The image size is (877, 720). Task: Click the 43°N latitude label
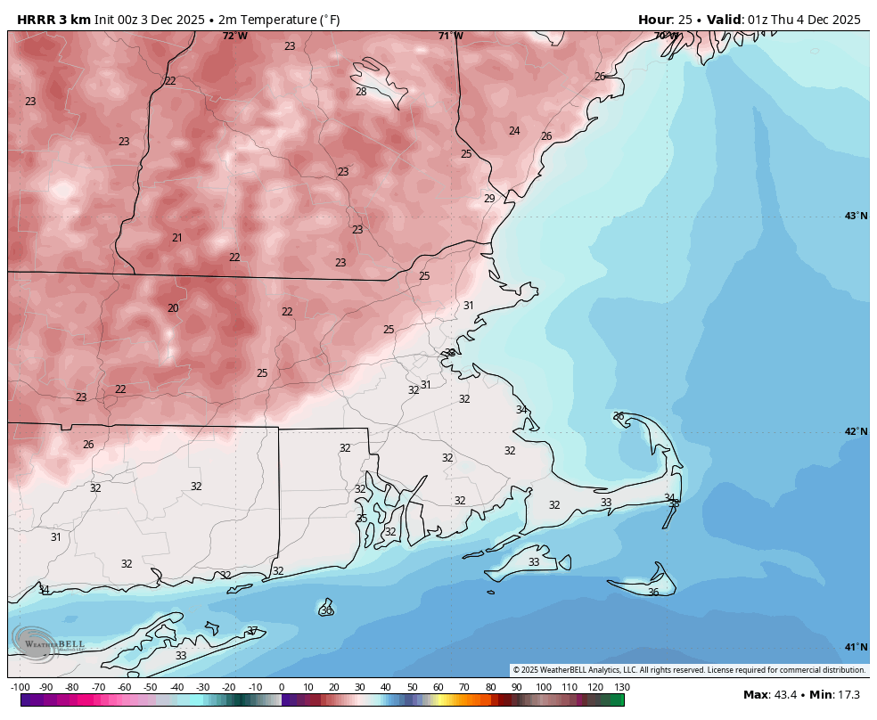856,216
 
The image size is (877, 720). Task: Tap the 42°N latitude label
856,431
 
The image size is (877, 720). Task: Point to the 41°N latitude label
856,647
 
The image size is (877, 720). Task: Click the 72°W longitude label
234,36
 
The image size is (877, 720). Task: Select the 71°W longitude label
450,36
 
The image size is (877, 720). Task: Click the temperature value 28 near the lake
361,92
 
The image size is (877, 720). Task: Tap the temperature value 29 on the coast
489,199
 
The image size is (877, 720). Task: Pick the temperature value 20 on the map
173,308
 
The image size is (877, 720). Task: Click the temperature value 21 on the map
177,238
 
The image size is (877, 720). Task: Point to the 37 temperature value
252,631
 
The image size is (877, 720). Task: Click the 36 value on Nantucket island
653,593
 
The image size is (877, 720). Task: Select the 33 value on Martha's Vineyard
534,562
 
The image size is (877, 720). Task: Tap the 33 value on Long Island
181,656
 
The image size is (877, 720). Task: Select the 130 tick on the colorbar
622,687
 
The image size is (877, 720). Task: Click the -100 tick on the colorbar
20,687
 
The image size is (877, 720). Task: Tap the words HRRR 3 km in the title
53,20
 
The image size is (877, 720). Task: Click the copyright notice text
688,670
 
